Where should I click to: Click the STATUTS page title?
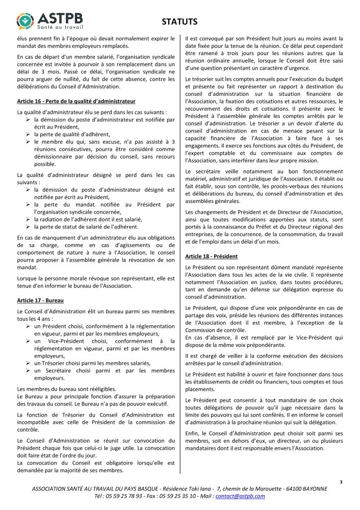(x=179, y=21)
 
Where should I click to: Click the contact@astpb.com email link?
(x=240, y=496)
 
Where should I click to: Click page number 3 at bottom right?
(x=341, y=481)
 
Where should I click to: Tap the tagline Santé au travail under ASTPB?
(x=60, y=25)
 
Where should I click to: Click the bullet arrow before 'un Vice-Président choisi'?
(x=29, y=341)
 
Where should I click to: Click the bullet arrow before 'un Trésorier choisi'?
(x=29, y=363)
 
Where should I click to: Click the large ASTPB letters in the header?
(x=60, y=14)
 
